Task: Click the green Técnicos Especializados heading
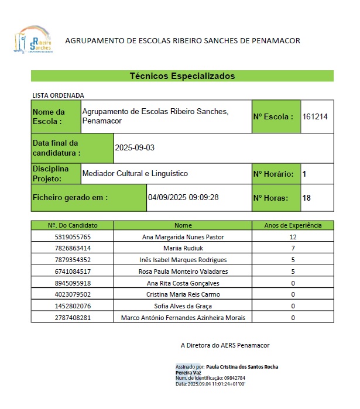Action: (182, 76)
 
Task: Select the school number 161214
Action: (315, 116)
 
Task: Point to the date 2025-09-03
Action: (135, 148)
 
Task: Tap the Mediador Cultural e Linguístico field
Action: (135, 174)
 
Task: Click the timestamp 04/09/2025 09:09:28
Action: (183, 198)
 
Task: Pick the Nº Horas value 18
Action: (307, 198)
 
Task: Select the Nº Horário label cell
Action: (273, 174)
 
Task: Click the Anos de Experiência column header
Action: (293, 225)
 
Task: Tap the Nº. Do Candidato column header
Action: (73, 225)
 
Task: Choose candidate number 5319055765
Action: (73, 237)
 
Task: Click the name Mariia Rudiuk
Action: (183, 249)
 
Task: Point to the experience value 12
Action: (293, 237)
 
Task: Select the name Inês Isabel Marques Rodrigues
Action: (183, 260)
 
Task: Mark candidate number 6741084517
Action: (73, 271)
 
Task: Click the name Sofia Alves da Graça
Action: (183, 306)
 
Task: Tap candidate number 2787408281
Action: (73, 318)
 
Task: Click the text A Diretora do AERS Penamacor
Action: (225, 346)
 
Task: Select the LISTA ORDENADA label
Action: (58, 95)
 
